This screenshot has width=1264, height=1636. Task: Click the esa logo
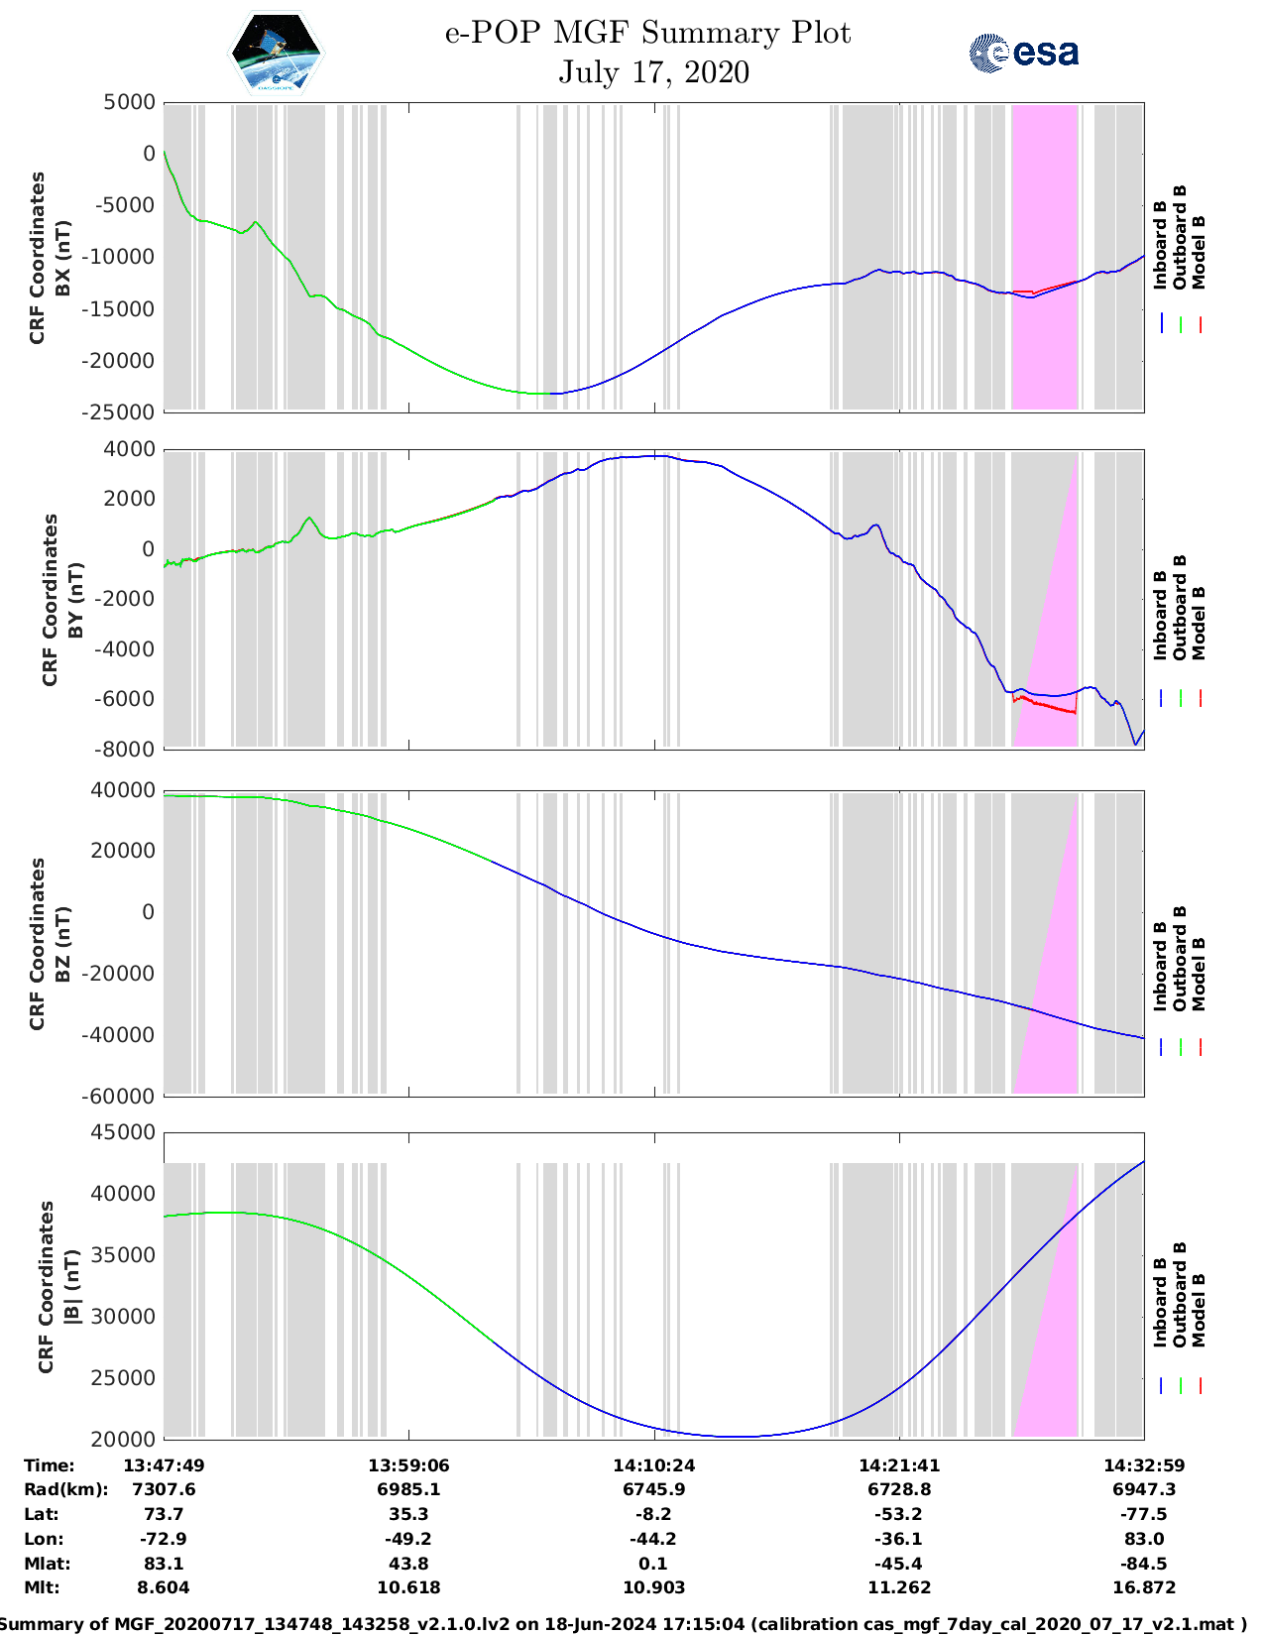pos(1023,53)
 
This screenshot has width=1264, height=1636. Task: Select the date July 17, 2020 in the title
pos(653,72)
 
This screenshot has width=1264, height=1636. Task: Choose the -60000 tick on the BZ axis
pos(122,1096)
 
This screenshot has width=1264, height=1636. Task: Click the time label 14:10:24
pos(653,1464)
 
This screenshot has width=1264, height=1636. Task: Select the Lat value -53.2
pos(899,1514)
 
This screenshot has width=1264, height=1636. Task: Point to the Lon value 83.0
pos(1144,1539)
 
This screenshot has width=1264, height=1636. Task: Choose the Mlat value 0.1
pos(653,1564)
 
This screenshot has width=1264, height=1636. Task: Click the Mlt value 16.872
pos(1144,1587)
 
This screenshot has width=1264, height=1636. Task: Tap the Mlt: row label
pos(42,1587)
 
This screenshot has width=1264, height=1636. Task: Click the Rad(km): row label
pos(65,1489)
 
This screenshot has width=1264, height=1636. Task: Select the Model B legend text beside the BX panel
pos(1199,253)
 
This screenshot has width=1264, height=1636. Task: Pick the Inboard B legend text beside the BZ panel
pos(1161,967)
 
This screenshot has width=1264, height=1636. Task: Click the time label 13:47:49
pos(164,1464)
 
